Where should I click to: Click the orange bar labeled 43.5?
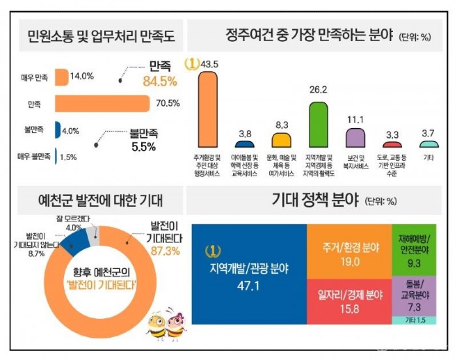[x=208, y=109]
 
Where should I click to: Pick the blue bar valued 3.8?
[x=244, y=144]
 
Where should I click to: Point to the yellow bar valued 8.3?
[x=281, y=140]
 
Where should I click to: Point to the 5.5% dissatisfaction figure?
[x=144, y=147]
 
